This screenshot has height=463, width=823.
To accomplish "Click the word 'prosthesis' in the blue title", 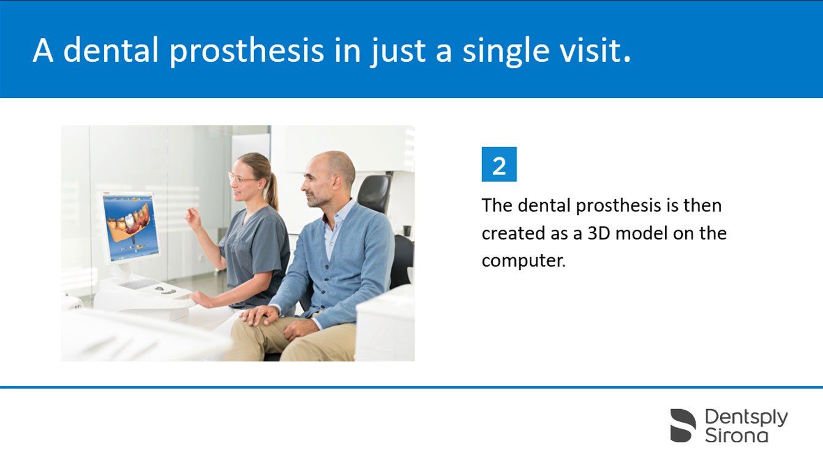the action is tap(247, 51).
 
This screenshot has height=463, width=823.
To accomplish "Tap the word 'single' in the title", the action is tap(506, 51).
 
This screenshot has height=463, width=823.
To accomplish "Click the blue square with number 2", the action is tap(499, 164).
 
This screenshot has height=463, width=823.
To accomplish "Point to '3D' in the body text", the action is tap(599, 233).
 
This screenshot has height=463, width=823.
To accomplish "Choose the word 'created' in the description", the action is tap(513, 233).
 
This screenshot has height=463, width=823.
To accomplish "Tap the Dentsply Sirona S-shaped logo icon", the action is tap(683, 425).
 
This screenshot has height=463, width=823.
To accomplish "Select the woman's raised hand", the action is tap(194, 218).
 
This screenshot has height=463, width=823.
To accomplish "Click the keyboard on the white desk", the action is tap(140, 284).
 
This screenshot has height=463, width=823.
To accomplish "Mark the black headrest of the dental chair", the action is tap(374, 194).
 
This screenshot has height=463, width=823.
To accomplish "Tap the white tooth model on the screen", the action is tap(129, 220).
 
